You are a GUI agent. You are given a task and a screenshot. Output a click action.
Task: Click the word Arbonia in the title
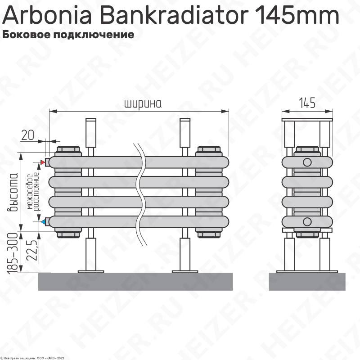click(x=47, y=15)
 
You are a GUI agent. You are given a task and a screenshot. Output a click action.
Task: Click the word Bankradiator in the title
click(x=174, y=15)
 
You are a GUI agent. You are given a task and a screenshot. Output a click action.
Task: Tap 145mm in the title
click(x=297, y=15)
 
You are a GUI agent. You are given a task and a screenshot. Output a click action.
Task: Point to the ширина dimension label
click(x=143, y=103)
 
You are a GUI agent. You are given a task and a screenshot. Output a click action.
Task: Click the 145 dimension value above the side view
click(x=307, y=103)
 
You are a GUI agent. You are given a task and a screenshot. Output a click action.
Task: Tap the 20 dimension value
click(x=27, y=135)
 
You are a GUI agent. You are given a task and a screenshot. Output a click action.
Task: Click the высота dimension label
click(x=13, y=192)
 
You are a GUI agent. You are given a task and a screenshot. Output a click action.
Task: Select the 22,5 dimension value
click(x=31, y=250)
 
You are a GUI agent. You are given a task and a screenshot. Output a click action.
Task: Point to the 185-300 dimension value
click(x=12, y=253)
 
